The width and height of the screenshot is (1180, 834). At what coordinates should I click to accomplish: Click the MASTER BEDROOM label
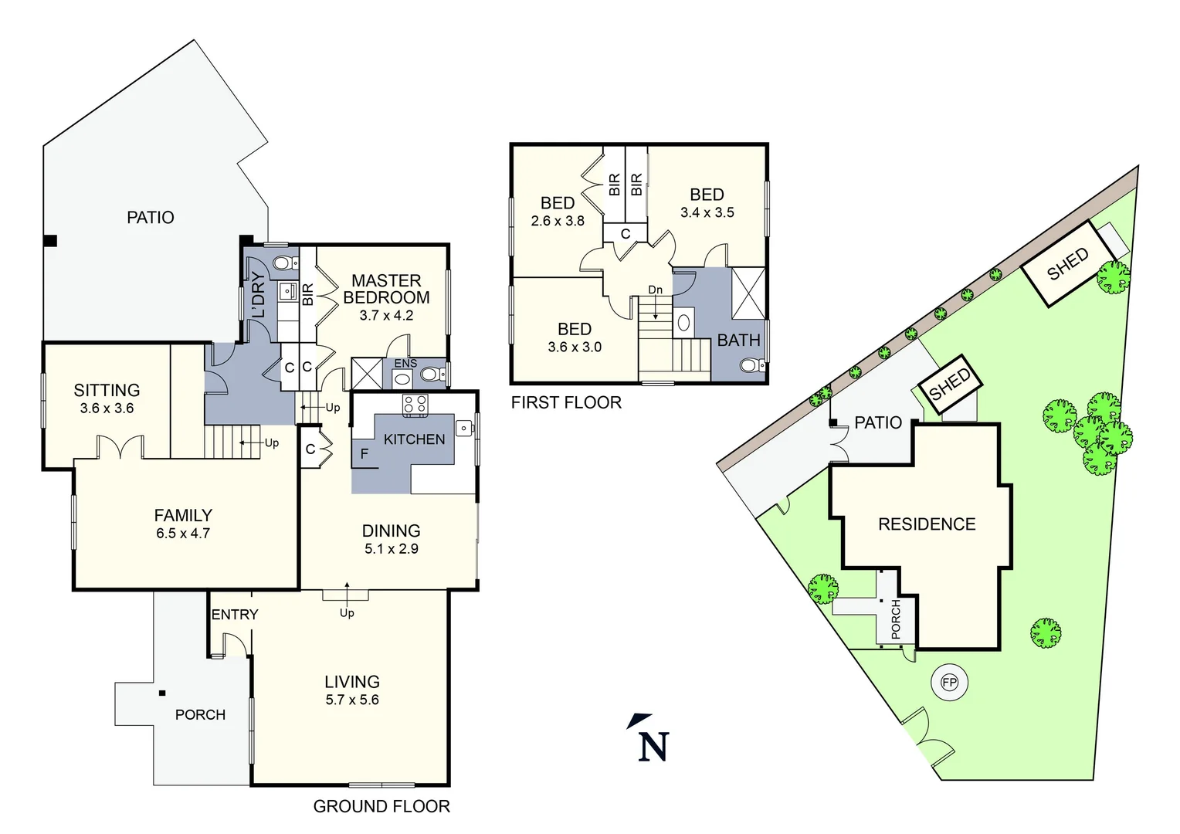coord(386,289)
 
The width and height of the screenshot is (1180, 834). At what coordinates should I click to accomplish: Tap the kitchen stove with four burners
coord(415,404)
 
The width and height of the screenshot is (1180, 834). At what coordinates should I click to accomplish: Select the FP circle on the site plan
coord(949,683)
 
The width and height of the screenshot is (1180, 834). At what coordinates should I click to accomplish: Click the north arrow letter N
coord(653,747)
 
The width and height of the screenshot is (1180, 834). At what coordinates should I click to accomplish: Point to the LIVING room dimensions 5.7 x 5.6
coord(352,700)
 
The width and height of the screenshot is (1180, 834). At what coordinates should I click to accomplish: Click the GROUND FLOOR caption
coord(381,806)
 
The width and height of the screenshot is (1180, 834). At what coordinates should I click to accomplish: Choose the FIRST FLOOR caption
coord(566,402)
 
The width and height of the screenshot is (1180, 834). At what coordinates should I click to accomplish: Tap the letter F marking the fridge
coord(364,454)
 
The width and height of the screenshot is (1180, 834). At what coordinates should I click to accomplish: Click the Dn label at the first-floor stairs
coord(655,290)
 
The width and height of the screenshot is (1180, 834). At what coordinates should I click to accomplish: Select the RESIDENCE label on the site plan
coord(927,524)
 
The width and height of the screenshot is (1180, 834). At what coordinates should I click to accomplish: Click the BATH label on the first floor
coord(738,340)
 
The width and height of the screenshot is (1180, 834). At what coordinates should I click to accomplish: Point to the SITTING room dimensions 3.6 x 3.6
coord(107,409)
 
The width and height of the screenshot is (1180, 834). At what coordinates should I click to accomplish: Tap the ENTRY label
coord(235,615)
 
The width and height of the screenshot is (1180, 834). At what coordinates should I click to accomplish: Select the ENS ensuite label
coord(405,364)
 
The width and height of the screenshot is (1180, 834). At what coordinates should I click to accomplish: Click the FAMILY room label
coord(183,515)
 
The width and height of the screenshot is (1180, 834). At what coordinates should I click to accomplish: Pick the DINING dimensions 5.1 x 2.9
coord(392,549)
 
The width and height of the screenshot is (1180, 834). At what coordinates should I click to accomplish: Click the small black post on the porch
coord(162,693)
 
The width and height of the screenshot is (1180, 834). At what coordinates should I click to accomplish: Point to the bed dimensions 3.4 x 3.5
coord(707,213)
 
